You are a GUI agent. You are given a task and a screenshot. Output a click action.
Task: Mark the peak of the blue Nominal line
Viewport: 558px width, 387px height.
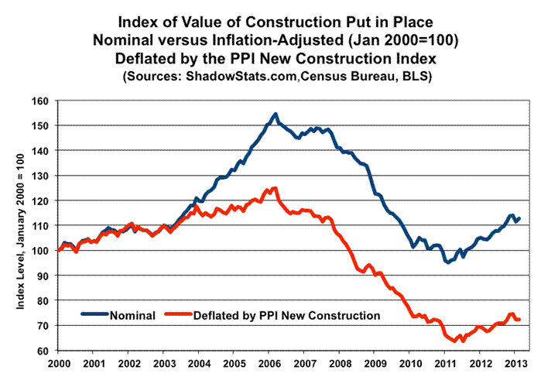[x=276, y=114]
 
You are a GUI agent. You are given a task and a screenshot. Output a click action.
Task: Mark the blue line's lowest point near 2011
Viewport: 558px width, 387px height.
[x=447, y=262]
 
